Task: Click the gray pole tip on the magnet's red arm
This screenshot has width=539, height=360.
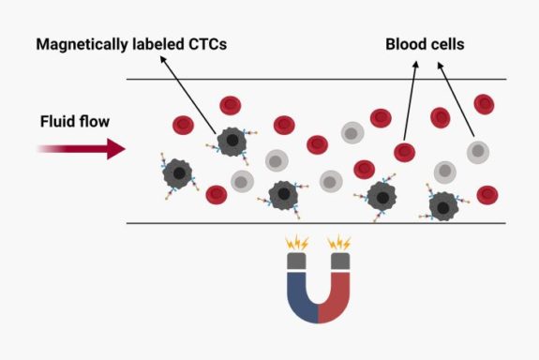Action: [343, 258]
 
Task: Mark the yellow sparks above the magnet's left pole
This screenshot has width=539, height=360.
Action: [297, 242]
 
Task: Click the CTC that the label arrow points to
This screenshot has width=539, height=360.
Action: [230, 142]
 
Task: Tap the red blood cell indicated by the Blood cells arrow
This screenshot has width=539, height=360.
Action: [404, 152]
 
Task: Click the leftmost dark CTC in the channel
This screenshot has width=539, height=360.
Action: [177, 173]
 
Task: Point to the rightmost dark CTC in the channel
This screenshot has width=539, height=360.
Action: [443, 206]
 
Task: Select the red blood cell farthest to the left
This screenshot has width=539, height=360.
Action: [183, 124]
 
